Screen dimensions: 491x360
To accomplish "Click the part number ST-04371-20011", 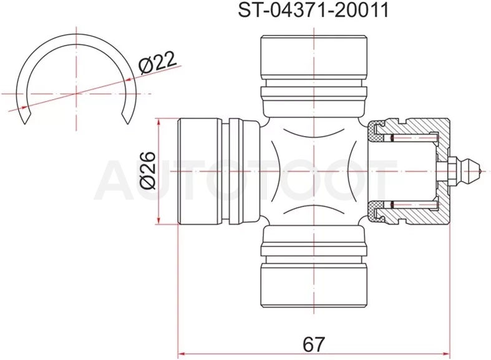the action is click(x=313, y=10).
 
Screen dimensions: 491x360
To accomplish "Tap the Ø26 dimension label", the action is click(x=148, y=170).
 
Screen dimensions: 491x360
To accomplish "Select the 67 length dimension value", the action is click(x=314, y=344).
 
